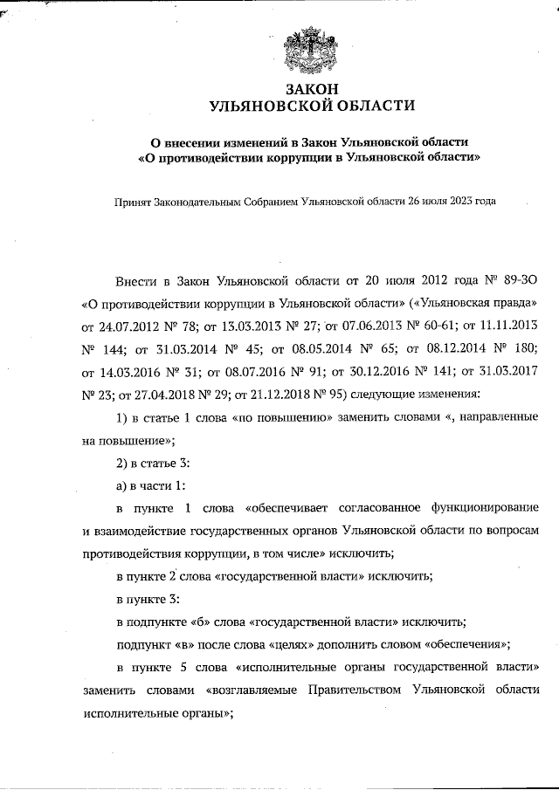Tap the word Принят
click(x=133, y=202)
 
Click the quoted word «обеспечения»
click(x=467, y=644)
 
